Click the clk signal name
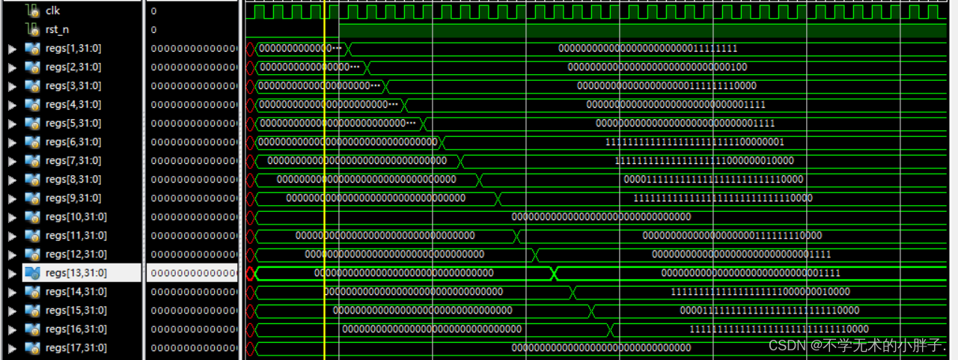[x=52, y=11]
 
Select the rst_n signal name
[x=58, y=30]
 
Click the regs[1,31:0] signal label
[x=73, y=49]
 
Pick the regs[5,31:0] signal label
[x=73, y=123]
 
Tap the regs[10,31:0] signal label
[x=76, y=217]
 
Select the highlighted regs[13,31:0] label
[x=76, y=273]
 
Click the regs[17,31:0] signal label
[x=76, y=348]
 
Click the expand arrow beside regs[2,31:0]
[x=11, y=67]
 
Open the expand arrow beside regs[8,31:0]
[x=11, y=180]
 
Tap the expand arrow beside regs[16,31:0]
[x=11, y=329]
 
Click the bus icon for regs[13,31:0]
[x=32, y=273]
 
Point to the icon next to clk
[x=31, y=11]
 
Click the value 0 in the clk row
[x=153, y=11]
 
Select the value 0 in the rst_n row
[x=153, y=30]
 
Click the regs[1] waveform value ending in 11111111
[x=647, y=49]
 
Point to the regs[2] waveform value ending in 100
[x=656, y=67]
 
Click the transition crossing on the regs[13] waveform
[x=554, y=273]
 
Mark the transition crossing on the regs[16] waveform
[x=610, y=329]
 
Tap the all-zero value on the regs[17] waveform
[x=600, y=348]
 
